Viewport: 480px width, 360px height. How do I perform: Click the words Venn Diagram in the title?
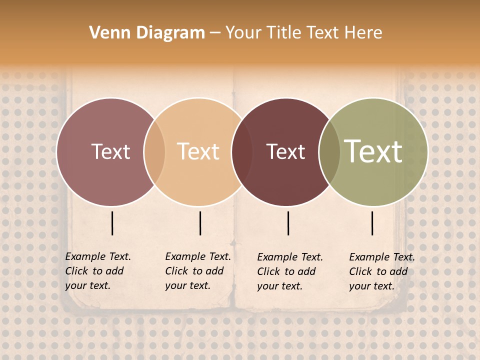[147, 33]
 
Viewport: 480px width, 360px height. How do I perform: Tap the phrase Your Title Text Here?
[303, 33]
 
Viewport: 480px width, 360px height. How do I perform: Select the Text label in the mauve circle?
[110, 151]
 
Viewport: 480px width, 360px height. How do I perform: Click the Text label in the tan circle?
[198, 151]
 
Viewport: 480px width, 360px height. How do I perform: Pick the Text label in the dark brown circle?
[285, 151]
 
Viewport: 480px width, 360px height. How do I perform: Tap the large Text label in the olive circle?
[373, 151]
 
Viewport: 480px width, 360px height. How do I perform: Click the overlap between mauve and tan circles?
[154, 151]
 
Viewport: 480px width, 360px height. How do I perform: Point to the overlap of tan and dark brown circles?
[242, 151]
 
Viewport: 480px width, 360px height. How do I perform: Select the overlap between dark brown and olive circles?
[329, 151]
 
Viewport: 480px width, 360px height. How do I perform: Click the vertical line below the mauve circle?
[112, 223]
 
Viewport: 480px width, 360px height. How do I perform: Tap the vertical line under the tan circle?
[200, 223]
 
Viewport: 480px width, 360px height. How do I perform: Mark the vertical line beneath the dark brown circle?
[288, 223]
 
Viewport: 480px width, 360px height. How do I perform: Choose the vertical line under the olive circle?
[372, 223]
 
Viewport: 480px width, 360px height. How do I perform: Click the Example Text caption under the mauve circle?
[98, 271]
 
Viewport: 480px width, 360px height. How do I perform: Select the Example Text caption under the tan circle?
[198, 271]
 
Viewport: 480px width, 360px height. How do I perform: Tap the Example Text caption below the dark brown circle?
[290, 271]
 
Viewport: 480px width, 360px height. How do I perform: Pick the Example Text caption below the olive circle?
[382, 271]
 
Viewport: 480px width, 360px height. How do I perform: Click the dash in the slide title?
[215, 33]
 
